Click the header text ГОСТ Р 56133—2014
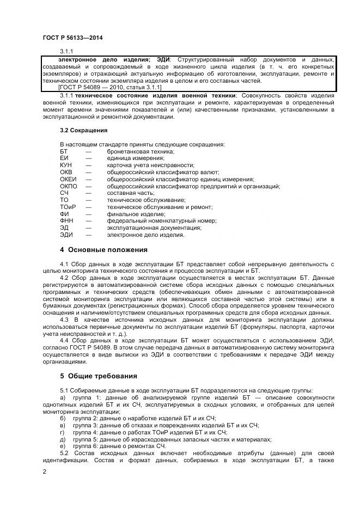coord(72,38)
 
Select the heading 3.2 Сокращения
coord(83,130)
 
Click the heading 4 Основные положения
coord(103,249)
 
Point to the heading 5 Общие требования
coord(98,376)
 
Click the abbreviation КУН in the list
coord(66,164)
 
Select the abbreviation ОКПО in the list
coord(68,186)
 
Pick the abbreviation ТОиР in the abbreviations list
coord(68,207)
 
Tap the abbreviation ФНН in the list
coord(66,221)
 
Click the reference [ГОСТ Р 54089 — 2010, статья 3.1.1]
coord(109,87)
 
